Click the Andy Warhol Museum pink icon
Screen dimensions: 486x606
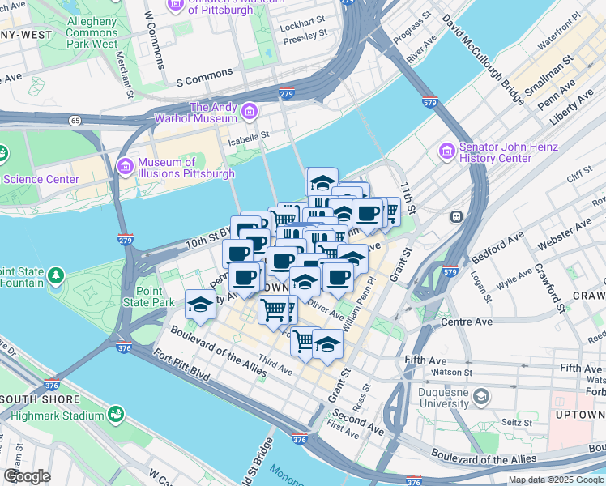pyautogui.click(x=249, y=109)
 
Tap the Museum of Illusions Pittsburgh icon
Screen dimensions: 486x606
pyautogui.click(x=125, y=167)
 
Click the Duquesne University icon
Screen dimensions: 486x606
pyautogui.click(x=482, y=397)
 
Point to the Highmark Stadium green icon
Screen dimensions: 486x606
pyautogui.click(x=117, y=415)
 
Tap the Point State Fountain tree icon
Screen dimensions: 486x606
pyautogui.click(x=55, y=277)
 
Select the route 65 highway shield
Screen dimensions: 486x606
pyautogui.click(x=75, y=120)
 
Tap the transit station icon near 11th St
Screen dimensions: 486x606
pyautogui.click(x=457, y=216)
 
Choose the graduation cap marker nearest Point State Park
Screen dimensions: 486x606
pyautogui.click(x=199, y=305)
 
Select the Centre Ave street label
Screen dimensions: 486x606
pyautogui.click(x=467, y=322)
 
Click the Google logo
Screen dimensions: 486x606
pyautogui.click(x=27, y=476)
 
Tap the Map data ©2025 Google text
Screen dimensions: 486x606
pyautogui.click(x=556, y=480)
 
